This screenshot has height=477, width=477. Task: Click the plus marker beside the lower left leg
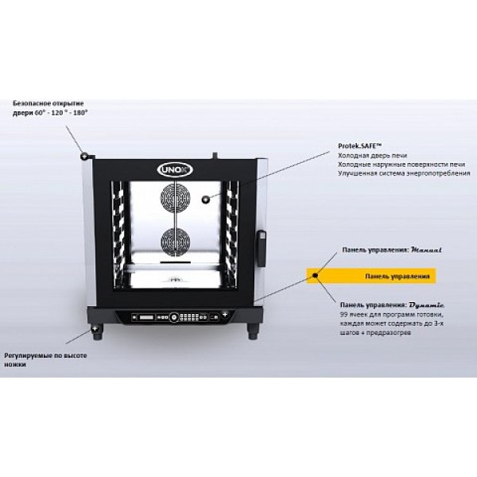(x=95, y=327)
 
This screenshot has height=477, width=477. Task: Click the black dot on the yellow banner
(x=316, y=276)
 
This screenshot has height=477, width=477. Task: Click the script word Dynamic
(x=428, y=303)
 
